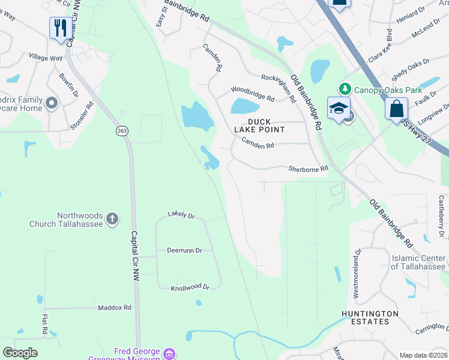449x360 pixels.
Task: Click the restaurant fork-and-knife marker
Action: point(61,28)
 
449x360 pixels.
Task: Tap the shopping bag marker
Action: point(396,109)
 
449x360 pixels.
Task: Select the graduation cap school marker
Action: point(338,109)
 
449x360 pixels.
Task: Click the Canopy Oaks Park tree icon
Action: point(345,89)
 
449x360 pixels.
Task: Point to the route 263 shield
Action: point(122,131)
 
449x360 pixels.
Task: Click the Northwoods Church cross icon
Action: point(112,220)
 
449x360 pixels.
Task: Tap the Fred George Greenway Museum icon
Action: point(170,352)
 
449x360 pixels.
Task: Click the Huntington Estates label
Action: point(369,318)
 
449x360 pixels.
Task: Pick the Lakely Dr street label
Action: point(181,215)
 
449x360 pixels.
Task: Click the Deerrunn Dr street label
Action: point(184,250)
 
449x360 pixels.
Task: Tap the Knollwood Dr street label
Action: point(190,287)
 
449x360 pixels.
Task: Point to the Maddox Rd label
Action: point(114,307)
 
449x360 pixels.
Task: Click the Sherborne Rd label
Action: point(308,169)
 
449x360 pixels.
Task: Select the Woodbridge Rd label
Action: point(253,94)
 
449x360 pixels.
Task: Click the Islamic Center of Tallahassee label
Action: point(418,262)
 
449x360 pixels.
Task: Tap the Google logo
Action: point(20,353)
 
